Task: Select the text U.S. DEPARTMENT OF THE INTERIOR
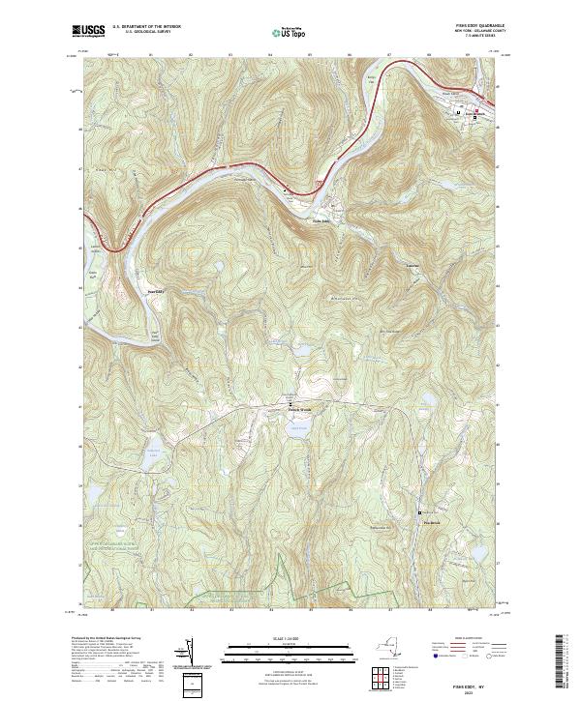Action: coord(147,27)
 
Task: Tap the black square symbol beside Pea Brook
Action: coord(419,511)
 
